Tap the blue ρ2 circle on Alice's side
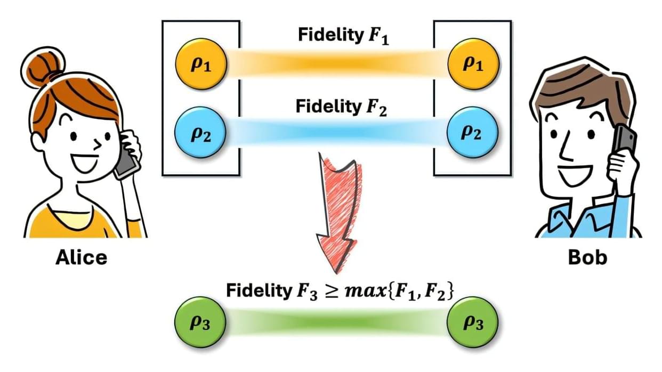[x=201, y=132]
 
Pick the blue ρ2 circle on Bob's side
[x=473, y=132]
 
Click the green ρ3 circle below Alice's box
[x=201, y=322]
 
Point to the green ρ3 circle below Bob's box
[x=473, y=322]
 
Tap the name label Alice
[x=82, y=257]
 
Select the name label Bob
[x=587, y=257]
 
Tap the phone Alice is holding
[x=126, y=160]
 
